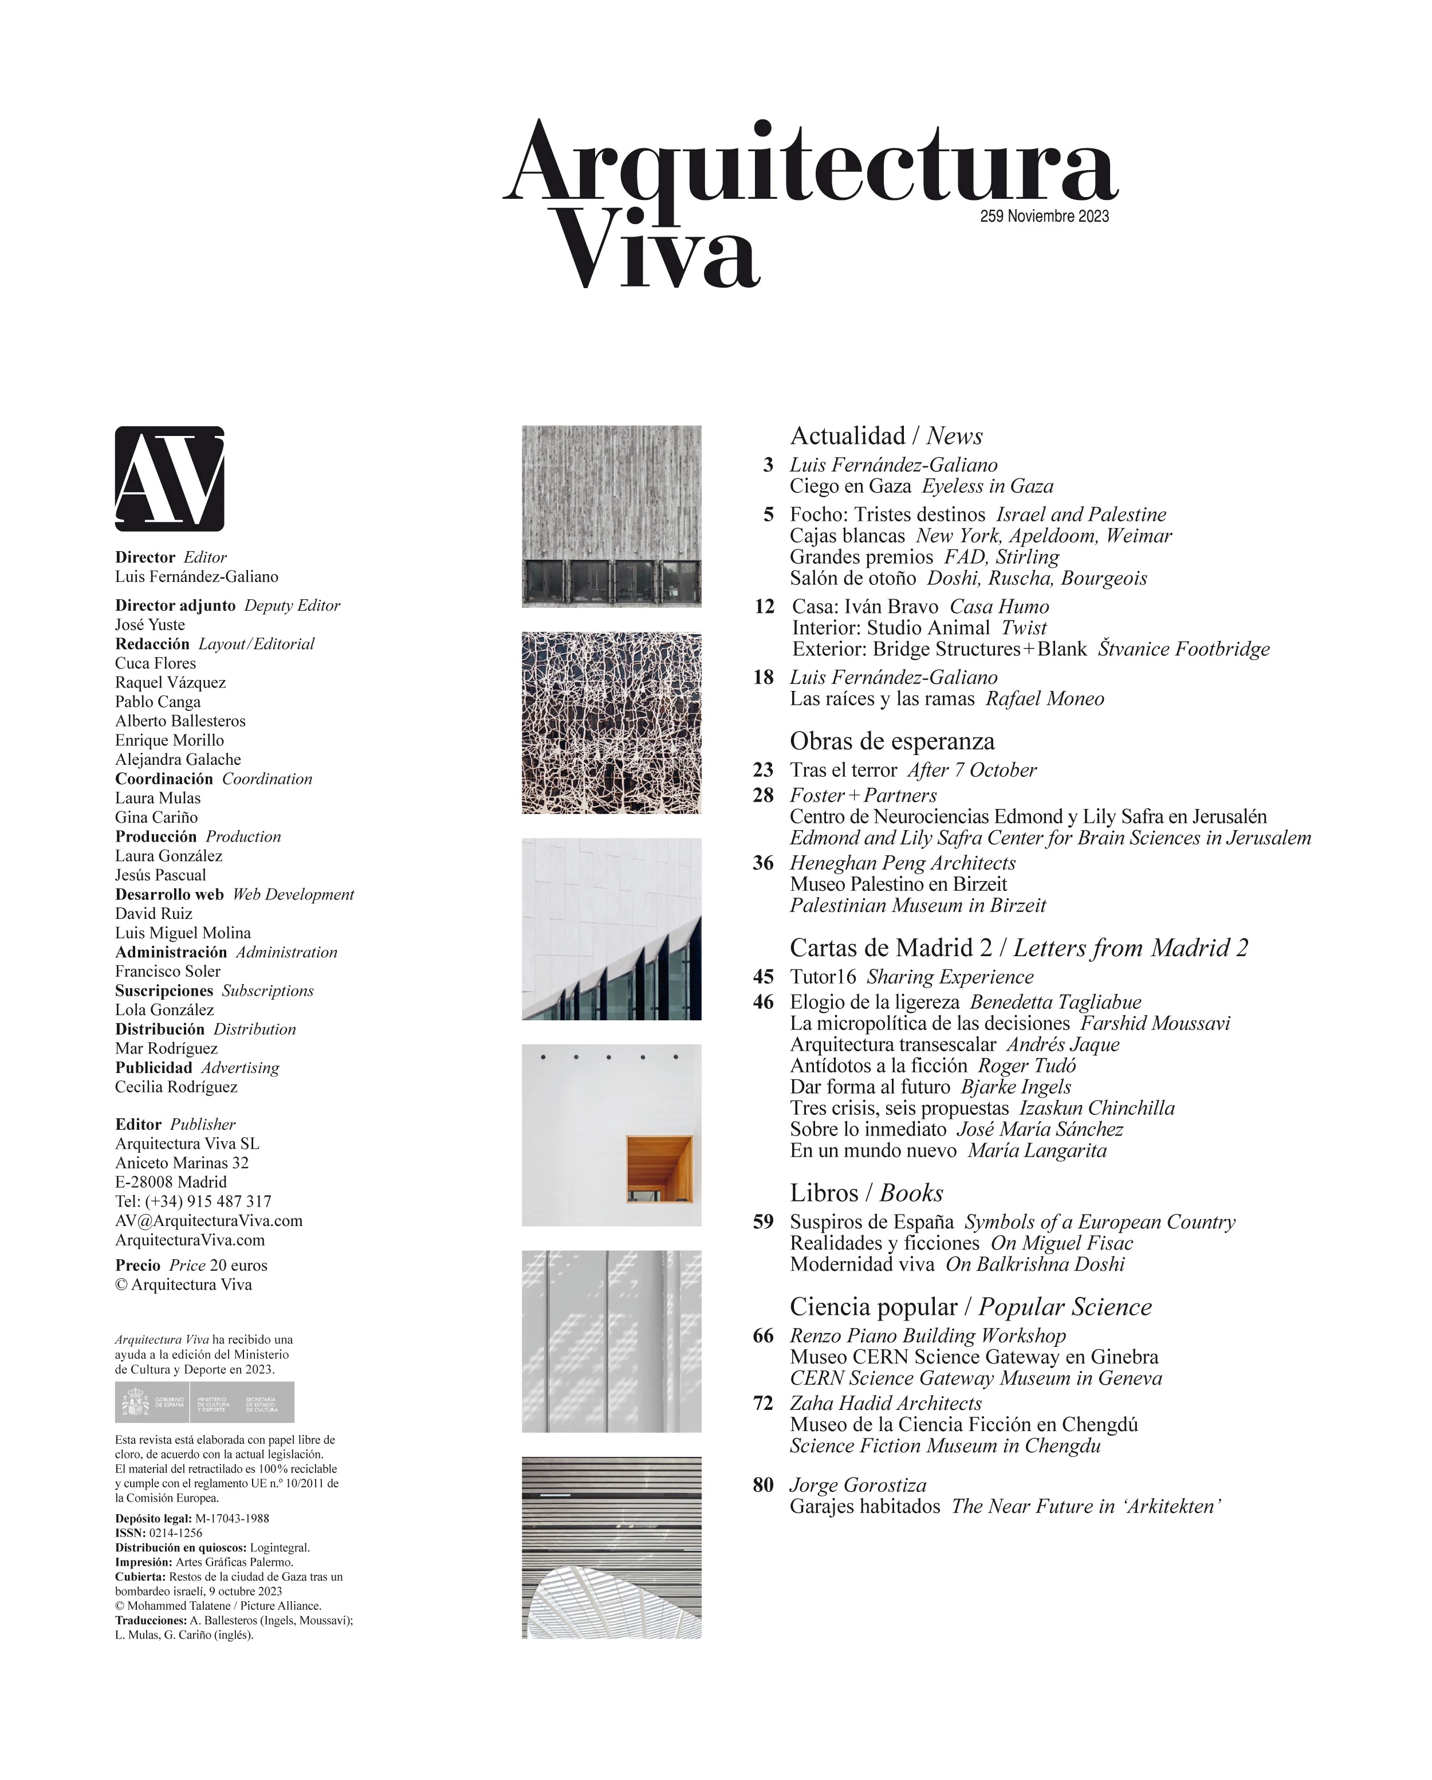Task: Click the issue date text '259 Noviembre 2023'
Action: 1044,217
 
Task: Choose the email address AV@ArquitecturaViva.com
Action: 209,1220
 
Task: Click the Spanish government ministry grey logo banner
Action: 204,1402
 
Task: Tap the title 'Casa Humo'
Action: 999,607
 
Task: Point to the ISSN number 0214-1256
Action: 175,1533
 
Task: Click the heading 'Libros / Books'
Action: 866,1193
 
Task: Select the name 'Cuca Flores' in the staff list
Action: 155,663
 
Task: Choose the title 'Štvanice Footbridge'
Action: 1183,649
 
